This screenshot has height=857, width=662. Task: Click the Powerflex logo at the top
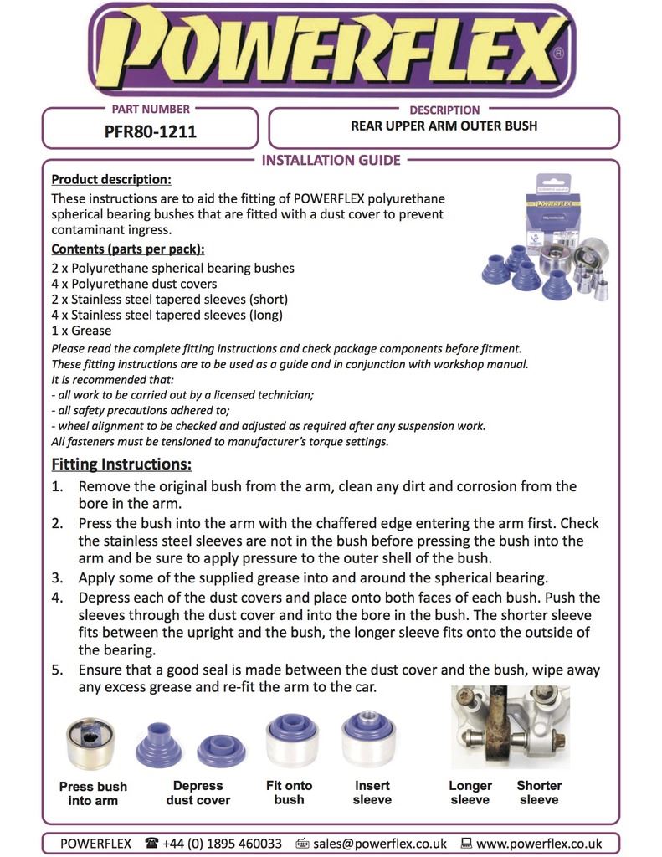click(x=331, y=50)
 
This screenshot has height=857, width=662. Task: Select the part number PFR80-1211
click(x=151, y=131)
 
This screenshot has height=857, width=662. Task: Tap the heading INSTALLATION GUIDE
click(x=331, y=160)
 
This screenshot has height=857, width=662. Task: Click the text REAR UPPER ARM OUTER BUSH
click(x=444, y=126)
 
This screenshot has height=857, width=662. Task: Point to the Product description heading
click(x=111, y=180)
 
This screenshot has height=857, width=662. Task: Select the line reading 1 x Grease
click(x=81, y=331)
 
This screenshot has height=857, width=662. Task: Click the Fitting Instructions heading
click(x=121, y=464)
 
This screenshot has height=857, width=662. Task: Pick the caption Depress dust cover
click(x=198, y=793)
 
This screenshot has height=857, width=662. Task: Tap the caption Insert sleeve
click(x=372, y=793)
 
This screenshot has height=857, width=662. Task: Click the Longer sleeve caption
click(x=470, y=793)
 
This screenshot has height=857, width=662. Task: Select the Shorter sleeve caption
click(x=539, y=793)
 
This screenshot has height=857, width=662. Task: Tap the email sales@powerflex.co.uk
click(x=379, y=844)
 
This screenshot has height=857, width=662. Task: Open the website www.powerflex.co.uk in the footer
click(x=539, y=844)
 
